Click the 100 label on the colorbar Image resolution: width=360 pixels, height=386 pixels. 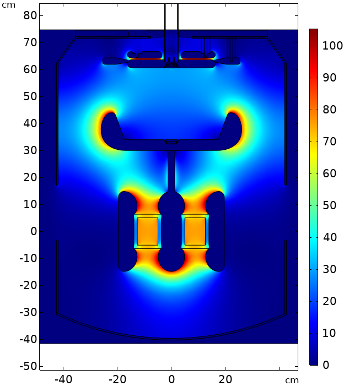(332, 46)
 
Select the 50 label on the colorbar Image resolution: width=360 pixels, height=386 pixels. (330, 205)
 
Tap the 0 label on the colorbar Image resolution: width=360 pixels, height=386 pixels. (326, 365)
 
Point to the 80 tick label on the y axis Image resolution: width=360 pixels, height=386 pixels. (30, 15)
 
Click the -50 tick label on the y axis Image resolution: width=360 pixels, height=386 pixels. (28, 366)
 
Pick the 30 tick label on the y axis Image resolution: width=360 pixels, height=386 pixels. (30, 150)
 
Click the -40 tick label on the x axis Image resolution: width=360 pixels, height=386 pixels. (63, 379)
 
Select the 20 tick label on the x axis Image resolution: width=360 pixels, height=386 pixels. (225, 379)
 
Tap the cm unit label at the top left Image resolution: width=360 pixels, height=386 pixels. (9, 5)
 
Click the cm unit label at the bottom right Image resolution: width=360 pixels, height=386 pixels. (292, 380)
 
